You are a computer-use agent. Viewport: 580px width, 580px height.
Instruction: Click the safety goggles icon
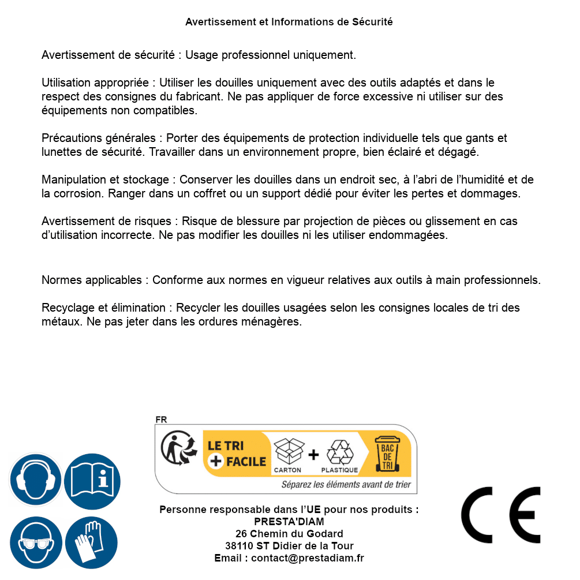pyautogui.click(x=35, y=542)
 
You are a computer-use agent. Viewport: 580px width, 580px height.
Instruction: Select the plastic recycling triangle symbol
pyautogui.click(x=339, y=452)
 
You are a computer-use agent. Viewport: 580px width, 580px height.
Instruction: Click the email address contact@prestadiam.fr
pyautogui.click(x=308, y=558)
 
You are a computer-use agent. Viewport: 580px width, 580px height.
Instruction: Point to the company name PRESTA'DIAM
pyautogui.click(x=289, y=522)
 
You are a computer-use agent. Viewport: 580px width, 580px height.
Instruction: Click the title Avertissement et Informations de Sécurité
pyautogui.click(x=289, y=22)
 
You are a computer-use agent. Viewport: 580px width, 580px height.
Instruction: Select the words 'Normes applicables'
pyautogui.click(x=91, y=280)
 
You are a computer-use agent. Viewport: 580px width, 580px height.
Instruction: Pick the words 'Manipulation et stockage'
pyautogui.click(x=104, y=180)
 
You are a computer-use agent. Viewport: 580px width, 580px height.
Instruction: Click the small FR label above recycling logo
pyautogui.click(x=161, y=420)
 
